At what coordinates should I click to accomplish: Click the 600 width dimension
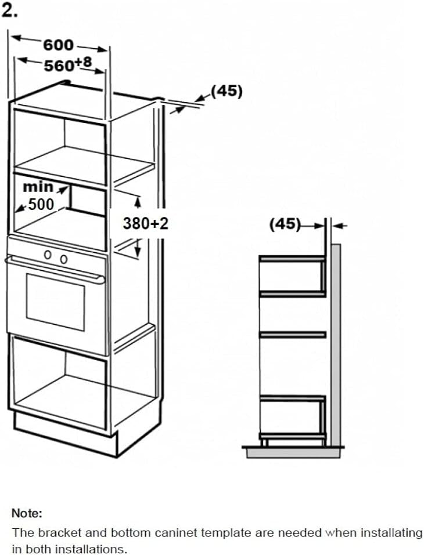pos(58,45)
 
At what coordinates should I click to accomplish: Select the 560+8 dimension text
pos(68,64)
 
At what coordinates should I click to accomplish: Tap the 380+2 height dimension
pos(145,223)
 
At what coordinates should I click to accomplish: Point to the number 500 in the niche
pos(41,204)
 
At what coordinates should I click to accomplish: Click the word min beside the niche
pos(38,187)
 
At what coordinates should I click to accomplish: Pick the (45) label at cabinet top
pos(227,91)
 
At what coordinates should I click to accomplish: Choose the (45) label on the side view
pos(285,224)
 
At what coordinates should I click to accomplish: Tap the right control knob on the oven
pos(63,259)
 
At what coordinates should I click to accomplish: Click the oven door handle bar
pos(55,270)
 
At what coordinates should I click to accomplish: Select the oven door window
pos(55,302)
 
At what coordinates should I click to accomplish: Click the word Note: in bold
pos(27,513)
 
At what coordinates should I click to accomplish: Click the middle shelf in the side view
pos(293,335)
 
